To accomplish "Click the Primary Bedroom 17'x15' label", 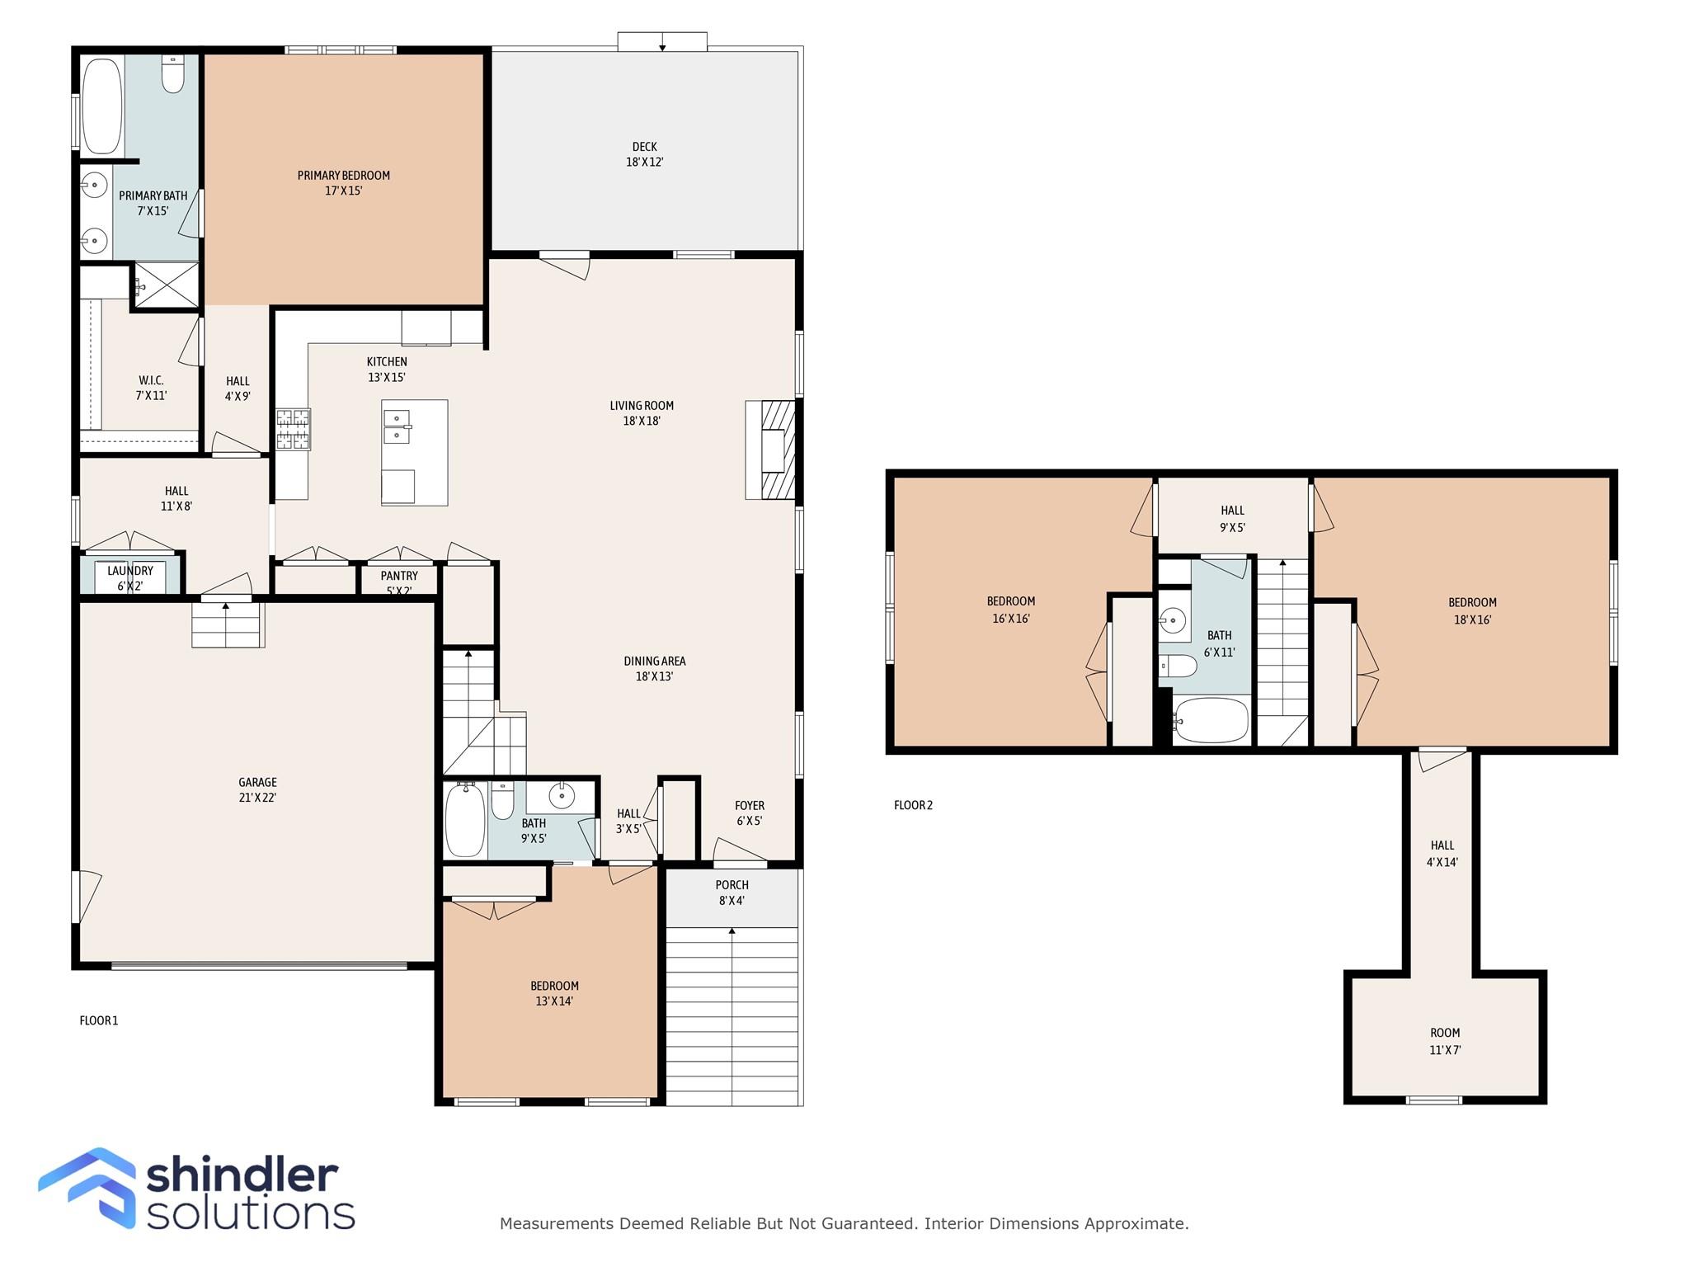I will click(x=343, y=183).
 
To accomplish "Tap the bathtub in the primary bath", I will click(x=102, y=106).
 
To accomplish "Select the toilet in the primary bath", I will click(x=172, y=75).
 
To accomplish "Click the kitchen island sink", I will click(x=398, y=426).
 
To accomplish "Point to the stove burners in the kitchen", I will click(x=293, y=429).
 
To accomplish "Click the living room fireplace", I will click(x=772, y=450).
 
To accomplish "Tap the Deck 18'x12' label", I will click(x=644, y=154).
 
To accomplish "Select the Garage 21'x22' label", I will click(x=257, y=789).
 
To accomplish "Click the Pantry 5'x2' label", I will click(x=399, y=582).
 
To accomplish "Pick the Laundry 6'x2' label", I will click(x=130, y=577).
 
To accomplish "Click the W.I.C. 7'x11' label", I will click(x=151, y=388).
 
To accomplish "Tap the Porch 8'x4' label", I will click(x=732, y=893).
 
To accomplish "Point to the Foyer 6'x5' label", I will click(x=749, y=812).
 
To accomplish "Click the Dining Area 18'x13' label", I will click(x=654, y=668).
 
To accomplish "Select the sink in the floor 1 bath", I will click(x=562, y=797).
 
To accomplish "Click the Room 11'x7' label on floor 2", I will click(x=1445, y=1041).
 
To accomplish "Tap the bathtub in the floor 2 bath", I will click(x=1211, y=721).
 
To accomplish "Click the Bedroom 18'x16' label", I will click(x=1472, y=610).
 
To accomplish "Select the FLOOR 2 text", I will click(x=913, y=805).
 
